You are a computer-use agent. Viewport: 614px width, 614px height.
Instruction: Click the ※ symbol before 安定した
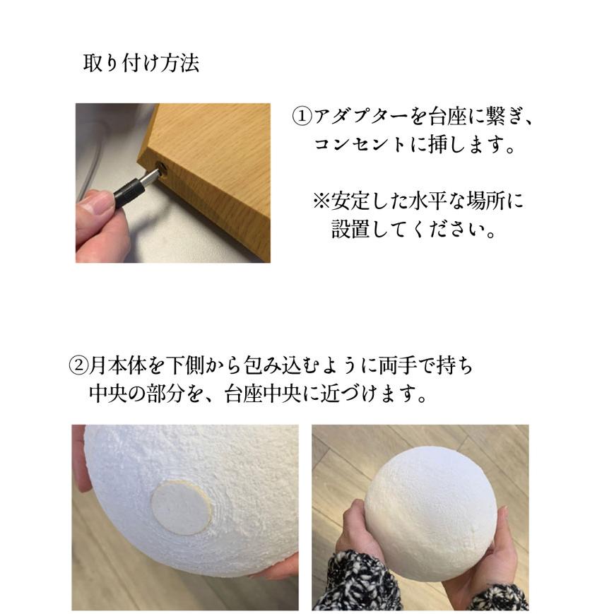(x=321, y=202)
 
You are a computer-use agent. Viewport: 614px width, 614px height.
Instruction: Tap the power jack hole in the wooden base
(x=161, y=167)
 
